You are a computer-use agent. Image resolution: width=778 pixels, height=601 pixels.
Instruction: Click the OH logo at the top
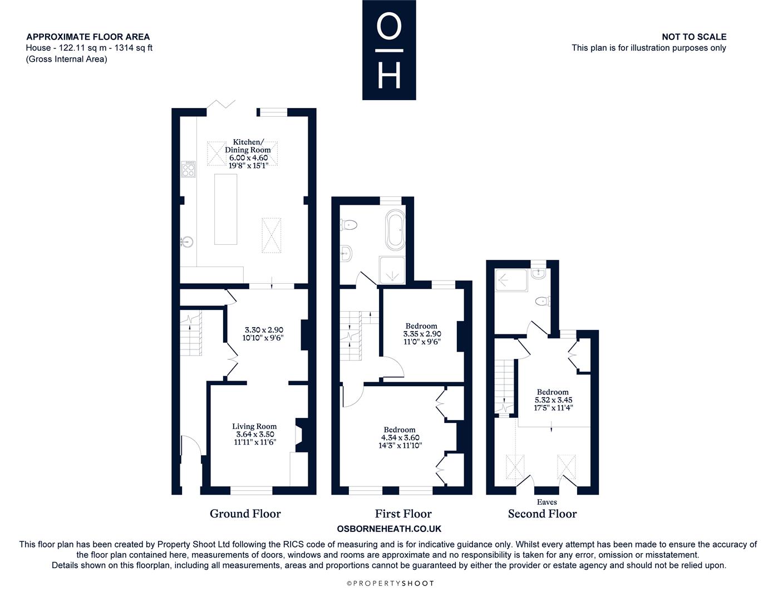[389, 50]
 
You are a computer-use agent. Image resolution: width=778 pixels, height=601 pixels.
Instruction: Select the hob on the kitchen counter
[188, 169]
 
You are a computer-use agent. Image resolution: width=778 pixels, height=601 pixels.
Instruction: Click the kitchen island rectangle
[225, 209]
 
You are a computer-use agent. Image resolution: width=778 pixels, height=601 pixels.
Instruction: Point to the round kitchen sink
[187, 242]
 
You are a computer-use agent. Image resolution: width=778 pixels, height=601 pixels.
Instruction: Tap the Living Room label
[254, 426]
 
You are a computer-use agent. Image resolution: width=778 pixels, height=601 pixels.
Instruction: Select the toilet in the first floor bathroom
[349, 225]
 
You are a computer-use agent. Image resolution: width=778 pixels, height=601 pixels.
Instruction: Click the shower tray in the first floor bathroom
[392, 270]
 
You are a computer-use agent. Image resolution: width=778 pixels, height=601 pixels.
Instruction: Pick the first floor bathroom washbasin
[346, 254]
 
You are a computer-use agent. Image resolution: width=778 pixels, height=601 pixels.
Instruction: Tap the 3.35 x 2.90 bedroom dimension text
[422, 334]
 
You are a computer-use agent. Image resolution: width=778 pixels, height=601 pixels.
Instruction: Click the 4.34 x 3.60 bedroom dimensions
[400, 437]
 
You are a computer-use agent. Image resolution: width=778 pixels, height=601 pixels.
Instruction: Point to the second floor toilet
[543, 301]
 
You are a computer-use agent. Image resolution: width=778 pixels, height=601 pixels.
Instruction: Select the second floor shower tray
[511, 280]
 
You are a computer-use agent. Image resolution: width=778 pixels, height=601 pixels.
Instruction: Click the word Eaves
[546, 502]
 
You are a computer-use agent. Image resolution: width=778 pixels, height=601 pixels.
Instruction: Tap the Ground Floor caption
[245, 514]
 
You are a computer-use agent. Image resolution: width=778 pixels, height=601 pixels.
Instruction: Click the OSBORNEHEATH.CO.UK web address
[389, 529]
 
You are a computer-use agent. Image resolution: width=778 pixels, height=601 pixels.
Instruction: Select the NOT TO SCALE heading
[694, 37]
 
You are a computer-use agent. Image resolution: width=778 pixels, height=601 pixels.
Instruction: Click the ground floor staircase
[191, 333]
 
